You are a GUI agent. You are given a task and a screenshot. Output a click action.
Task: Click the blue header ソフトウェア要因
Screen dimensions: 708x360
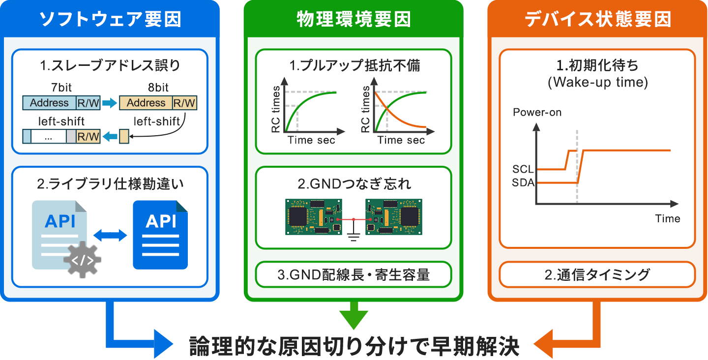(110, 19)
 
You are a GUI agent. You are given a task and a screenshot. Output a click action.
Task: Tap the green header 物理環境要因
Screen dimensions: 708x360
(354, 19)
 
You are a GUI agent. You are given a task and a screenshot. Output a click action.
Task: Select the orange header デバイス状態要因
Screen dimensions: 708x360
(598, 19)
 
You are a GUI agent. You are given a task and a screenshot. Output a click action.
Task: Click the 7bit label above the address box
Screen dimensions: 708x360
(61, 87)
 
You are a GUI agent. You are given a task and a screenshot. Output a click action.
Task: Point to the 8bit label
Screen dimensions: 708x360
(158, 87)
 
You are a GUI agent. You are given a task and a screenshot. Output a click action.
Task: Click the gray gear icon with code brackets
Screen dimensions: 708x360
(82, 260)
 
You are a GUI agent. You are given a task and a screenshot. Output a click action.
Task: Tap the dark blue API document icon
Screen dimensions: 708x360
(160, 235)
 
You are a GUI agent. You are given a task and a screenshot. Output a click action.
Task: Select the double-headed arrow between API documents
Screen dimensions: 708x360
(110, 235)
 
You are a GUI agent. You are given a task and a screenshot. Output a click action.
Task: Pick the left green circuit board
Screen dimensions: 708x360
(314, 217)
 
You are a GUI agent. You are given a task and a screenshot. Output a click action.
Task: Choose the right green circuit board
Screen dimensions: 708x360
(394, 217)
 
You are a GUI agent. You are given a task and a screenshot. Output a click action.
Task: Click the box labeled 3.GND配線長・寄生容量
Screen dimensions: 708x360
(354, 274)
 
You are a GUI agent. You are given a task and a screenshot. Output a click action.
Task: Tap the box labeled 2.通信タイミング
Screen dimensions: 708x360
(597, 274)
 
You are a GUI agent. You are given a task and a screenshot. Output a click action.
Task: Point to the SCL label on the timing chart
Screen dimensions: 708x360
(523, 169)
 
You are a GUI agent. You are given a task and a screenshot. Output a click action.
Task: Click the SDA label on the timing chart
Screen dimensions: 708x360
(523, 182)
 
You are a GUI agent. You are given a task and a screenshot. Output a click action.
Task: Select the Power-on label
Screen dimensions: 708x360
(537, 112)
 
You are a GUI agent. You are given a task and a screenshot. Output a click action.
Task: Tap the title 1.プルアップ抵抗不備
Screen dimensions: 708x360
(354, 65)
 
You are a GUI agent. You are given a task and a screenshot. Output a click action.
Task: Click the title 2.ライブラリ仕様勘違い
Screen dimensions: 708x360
(110, 183)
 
